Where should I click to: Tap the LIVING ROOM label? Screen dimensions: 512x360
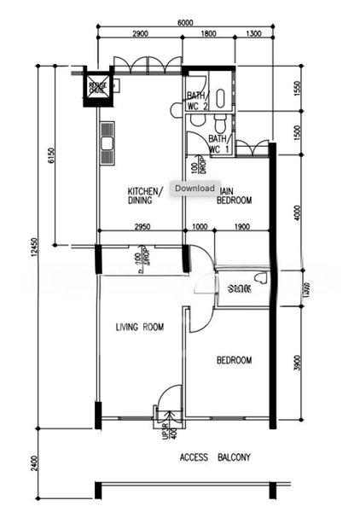(140, 327)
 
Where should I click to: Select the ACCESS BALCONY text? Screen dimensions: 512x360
(215, 458)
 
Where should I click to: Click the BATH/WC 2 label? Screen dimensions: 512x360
(198, 102)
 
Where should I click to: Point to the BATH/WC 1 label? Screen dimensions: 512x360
(218, 143)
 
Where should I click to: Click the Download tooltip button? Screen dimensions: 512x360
(195, 188)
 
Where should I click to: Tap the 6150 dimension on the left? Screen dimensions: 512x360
(51, 154)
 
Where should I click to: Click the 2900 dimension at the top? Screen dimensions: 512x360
(140, 34)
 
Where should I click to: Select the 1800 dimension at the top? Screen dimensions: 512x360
(208, 34)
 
